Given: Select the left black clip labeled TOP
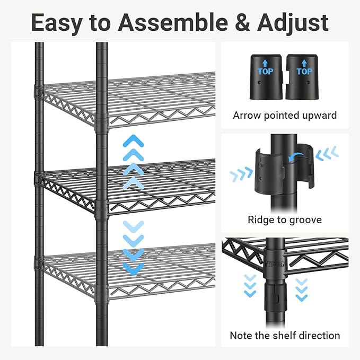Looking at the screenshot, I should (x=266, y=77).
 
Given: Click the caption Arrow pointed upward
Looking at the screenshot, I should (x=285, y=115).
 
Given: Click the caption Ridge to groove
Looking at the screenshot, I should (x=285, y=219).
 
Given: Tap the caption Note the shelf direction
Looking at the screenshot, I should (x=285, y=335).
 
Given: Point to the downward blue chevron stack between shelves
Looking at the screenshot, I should (x=133, y=247).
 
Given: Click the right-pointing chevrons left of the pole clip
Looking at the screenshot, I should (x=241, y=174).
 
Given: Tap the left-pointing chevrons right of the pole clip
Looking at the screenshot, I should (x=327, y=154).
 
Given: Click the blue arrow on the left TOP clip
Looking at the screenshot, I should (x=266, y=63).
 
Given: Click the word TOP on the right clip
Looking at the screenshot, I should (x=304, y=71).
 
